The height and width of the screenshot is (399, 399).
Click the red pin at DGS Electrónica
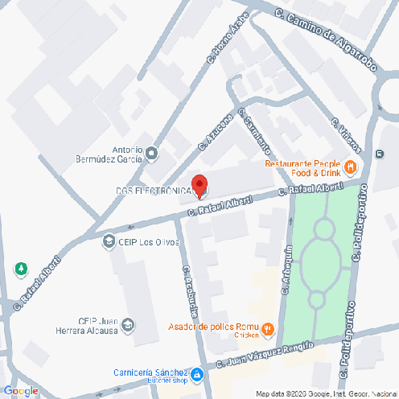[x=199, y=184]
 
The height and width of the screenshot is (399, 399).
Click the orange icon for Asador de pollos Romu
[x=269, y=329]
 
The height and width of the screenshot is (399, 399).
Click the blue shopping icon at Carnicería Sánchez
[x=195, y=375]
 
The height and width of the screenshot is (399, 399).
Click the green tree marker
[x=20, y=269]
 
